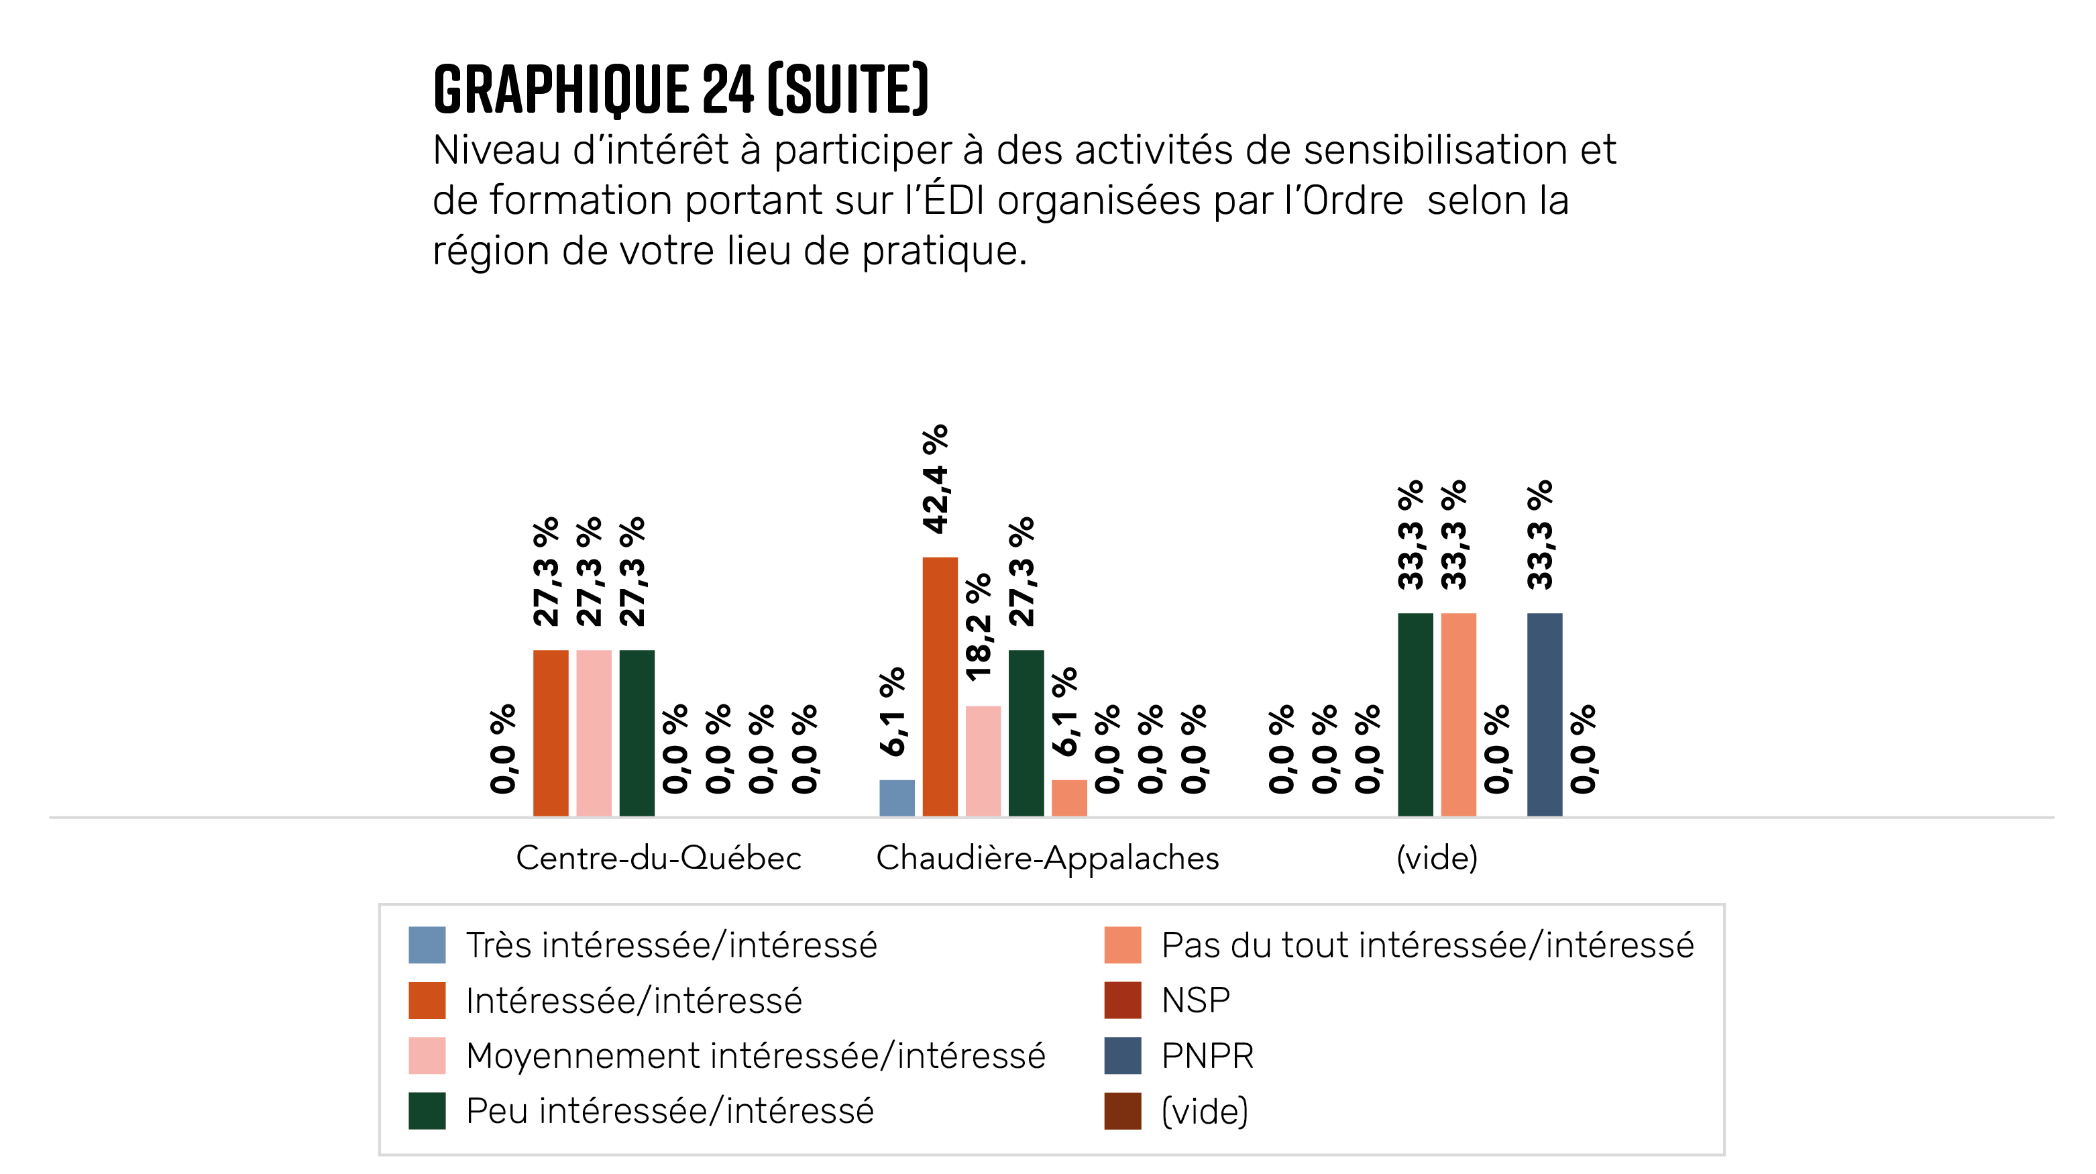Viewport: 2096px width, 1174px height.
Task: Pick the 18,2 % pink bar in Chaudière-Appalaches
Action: point(983,761)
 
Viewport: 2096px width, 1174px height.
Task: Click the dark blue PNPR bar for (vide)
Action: point(1545,714)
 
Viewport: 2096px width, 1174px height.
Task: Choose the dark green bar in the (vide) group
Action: point(1415,714)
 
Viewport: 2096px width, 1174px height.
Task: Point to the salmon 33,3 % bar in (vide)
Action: point(1458,714)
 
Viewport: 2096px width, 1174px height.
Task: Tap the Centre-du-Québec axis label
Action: point(658,858)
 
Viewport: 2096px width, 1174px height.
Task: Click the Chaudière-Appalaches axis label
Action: point(1047,858)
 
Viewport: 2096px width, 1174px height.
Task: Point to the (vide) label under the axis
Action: point(1436,858)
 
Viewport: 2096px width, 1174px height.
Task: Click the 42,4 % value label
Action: point(936,478)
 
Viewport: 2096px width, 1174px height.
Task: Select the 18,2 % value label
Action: point(979,627)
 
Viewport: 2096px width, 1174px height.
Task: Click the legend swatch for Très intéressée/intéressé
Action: point(427,945)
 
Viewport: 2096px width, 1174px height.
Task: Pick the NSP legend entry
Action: point(1195,1000)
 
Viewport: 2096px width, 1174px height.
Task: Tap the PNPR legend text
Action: point(1207,1055)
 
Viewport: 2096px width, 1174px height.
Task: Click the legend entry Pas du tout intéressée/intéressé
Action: point(1427,945)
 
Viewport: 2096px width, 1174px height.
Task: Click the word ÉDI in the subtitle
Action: point(954,200)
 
